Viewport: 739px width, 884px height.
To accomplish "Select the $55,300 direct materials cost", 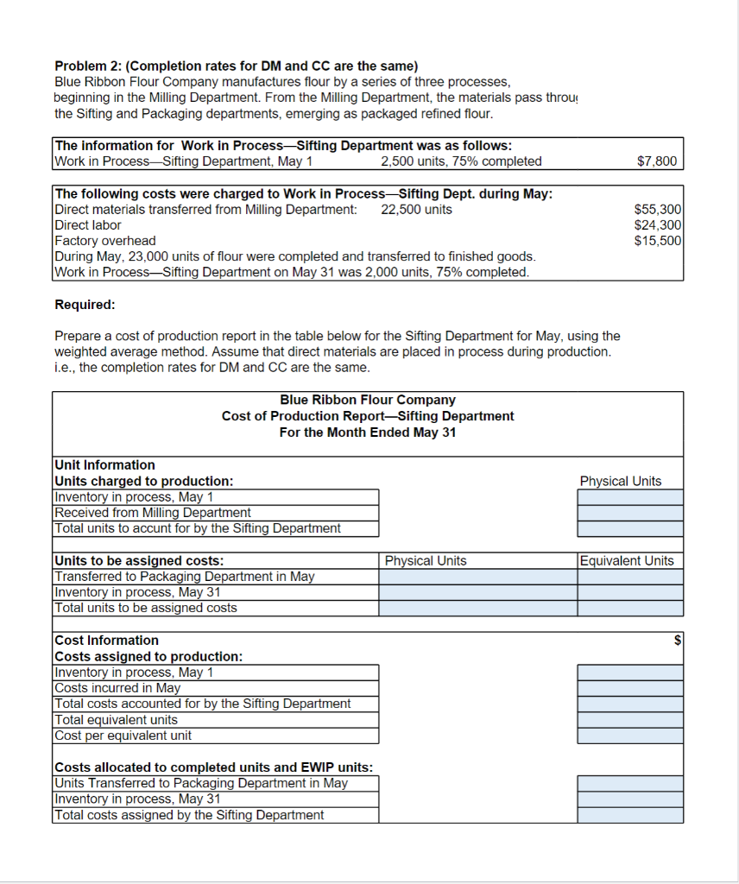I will pos(658,210).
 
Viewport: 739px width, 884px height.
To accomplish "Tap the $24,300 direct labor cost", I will pos(658,225).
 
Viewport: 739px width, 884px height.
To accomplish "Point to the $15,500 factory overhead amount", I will pos(658,241).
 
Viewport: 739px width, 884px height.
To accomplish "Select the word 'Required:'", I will pos(85,304).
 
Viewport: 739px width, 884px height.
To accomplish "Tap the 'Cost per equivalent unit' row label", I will pos(123,736).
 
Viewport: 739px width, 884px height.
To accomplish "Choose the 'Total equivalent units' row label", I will pos(117,720).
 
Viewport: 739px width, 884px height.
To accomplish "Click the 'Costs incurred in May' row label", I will pos(117,688).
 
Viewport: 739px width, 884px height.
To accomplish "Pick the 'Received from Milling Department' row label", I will pos(153,513).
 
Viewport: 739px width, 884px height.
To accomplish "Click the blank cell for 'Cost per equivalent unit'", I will pos(629,736).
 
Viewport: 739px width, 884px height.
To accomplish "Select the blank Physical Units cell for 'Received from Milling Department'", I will pos(629,513).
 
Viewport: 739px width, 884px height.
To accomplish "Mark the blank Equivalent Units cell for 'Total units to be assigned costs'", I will pos(629,608).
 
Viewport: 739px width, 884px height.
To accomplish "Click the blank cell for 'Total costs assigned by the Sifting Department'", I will pos(629,815).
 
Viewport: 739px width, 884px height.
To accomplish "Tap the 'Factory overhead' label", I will pos(105,241).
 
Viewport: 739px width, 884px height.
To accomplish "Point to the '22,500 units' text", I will pos(416,210).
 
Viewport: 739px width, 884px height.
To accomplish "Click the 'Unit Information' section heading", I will pos(104,465).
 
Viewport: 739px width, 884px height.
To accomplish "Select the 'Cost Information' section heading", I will pos(106,641).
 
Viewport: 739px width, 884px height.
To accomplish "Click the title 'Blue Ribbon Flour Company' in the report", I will pos(368,401).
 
